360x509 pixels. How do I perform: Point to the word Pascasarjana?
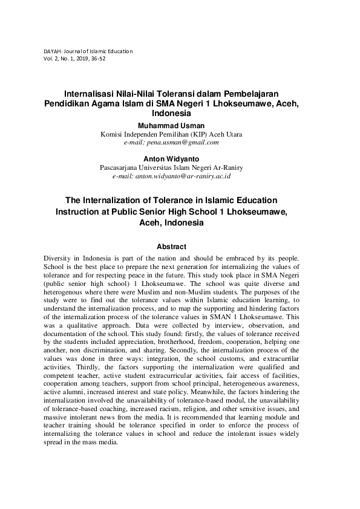(120, 167)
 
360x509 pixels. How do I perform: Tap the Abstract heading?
(171, 247)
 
